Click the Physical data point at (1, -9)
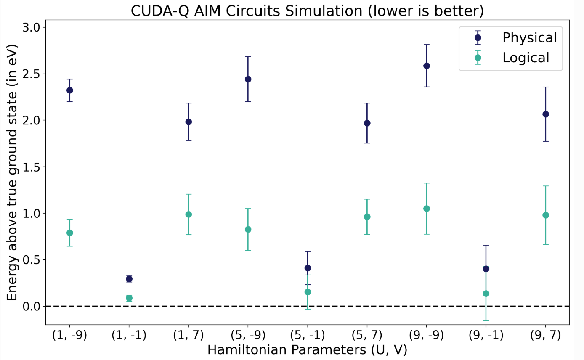tap(69, 90)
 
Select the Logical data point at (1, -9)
tap(69, 233)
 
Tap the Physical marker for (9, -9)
tap(427, 66)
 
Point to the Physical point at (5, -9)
tap(248, 79)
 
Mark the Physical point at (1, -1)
tap(129, 279)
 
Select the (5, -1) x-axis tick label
tap(308, 336)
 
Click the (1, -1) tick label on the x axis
tap(129, 336)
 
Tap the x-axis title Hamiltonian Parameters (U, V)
tap(307, 350)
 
